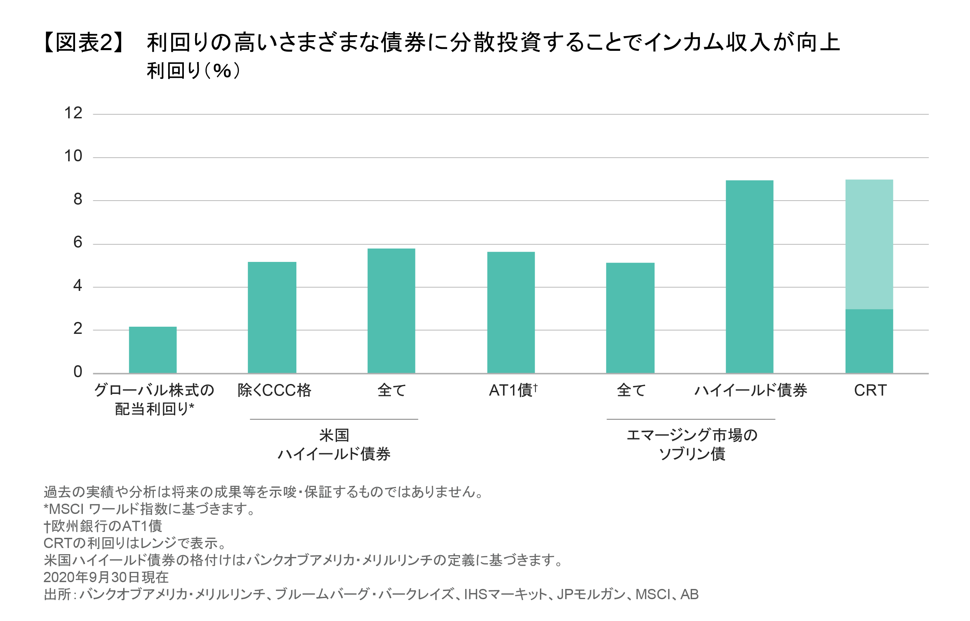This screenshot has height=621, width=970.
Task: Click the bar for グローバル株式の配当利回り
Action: [x=152, y=350]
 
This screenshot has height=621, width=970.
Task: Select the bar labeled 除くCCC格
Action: [x=272, y=317]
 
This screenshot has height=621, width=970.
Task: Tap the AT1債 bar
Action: [x=511, y=312]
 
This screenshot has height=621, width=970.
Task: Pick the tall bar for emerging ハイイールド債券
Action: [x=749, y=277]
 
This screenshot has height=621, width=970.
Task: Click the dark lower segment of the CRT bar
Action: [x=869, y=341]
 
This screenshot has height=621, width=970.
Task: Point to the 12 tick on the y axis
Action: [x=73, y=113]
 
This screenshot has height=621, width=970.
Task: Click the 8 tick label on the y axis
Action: [x=77, y=199]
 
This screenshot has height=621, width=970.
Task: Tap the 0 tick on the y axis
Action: [x=77, y=372]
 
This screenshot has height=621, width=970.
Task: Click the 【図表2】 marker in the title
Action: [x=84, y=43]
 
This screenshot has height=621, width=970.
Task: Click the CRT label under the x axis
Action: [x=870, y=390]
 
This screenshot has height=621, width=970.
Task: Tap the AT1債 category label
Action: [x=513, y=390]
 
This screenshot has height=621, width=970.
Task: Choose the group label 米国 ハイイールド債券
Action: [x=334, y=445]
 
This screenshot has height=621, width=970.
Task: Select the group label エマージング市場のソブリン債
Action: [x=691, y=445]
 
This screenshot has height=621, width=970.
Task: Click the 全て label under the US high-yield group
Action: [x=391, y=390]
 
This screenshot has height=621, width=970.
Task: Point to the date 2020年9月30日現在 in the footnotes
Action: [x=106, y=577]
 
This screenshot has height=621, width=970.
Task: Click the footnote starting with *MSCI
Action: [x=149, y=509]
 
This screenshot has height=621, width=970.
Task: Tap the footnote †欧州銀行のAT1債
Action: [x=103, y=526]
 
